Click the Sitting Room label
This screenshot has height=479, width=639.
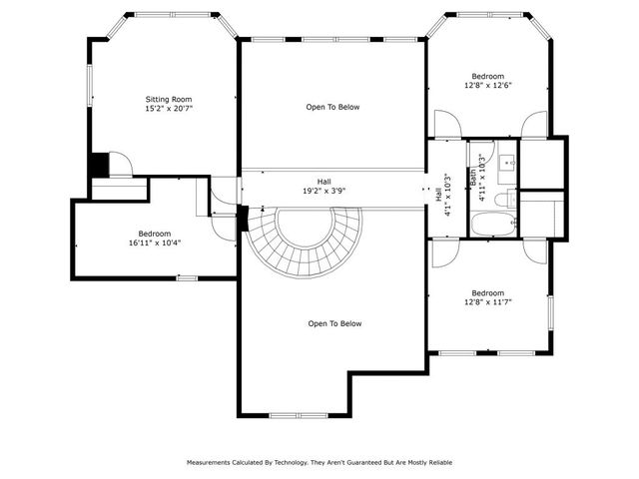(x=168, y=100)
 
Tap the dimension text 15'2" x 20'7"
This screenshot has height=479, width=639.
(x=168, y=110)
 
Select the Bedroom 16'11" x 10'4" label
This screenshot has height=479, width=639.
(x=154, y=238)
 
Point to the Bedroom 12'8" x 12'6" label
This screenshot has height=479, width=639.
(x=487, y=81)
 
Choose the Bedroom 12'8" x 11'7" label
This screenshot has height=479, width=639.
(x=487, y=297)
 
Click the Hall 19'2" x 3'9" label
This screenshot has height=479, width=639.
(x=323, y=187)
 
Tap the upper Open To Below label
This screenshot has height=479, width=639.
(x=332, y=107)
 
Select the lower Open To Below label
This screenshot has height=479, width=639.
(x=334, y=323)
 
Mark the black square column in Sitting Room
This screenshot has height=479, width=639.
(x=99, y=165)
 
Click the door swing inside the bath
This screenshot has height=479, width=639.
(x=481, y=152)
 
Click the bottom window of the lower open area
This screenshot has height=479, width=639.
(x=296, y=415)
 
